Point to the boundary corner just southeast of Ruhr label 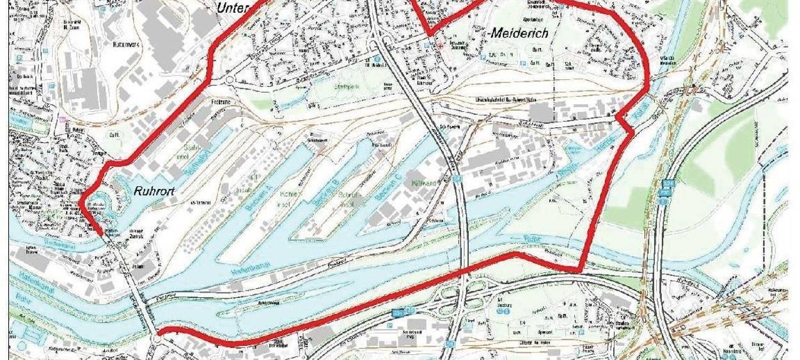pos(581,269)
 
